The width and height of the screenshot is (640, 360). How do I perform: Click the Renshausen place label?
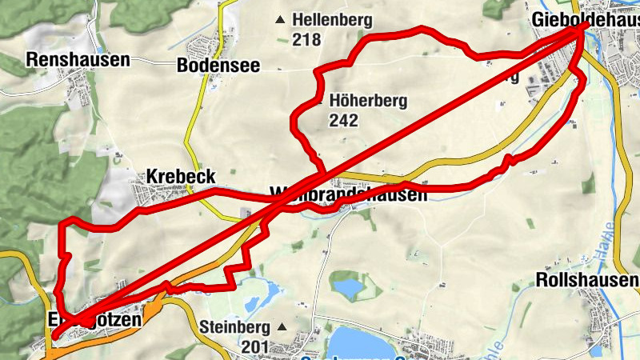pyautogui.click(x=78, y=59)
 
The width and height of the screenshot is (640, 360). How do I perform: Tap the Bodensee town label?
pyautogui.click(x=218, y=66)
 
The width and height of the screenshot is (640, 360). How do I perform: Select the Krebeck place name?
pyautogui.click(x=181, y=176)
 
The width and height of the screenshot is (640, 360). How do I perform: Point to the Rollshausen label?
pyautogui.click(x=587, y=280)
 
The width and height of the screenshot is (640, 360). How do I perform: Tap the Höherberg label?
pyautogui.click(x=368, y=102)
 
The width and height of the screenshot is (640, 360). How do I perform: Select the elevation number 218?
pyautogui.click(x=306, y=39)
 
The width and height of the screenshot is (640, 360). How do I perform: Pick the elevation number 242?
pyautogui.click(x=342, y=121)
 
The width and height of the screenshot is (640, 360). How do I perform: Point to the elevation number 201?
pyautogui.click(x=255, y=346)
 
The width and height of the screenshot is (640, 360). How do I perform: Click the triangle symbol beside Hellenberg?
pyautogui.click(x=279, y=20)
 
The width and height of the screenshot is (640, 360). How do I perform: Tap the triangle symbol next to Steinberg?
pyautogui.click(x=281, y=327)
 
